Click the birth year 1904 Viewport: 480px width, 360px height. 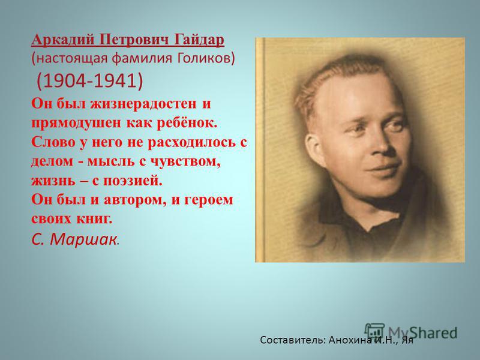tap(64, 80)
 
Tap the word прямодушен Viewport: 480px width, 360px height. tap(76, 123)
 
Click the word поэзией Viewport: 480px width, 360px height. tap(131, 181)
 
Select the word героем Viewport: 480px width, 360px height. tap(208, 200)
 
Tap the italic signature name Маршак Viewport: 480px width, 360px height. tap(83, 239)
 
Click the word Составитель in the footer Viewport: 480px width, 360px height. tap(292, 340)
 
